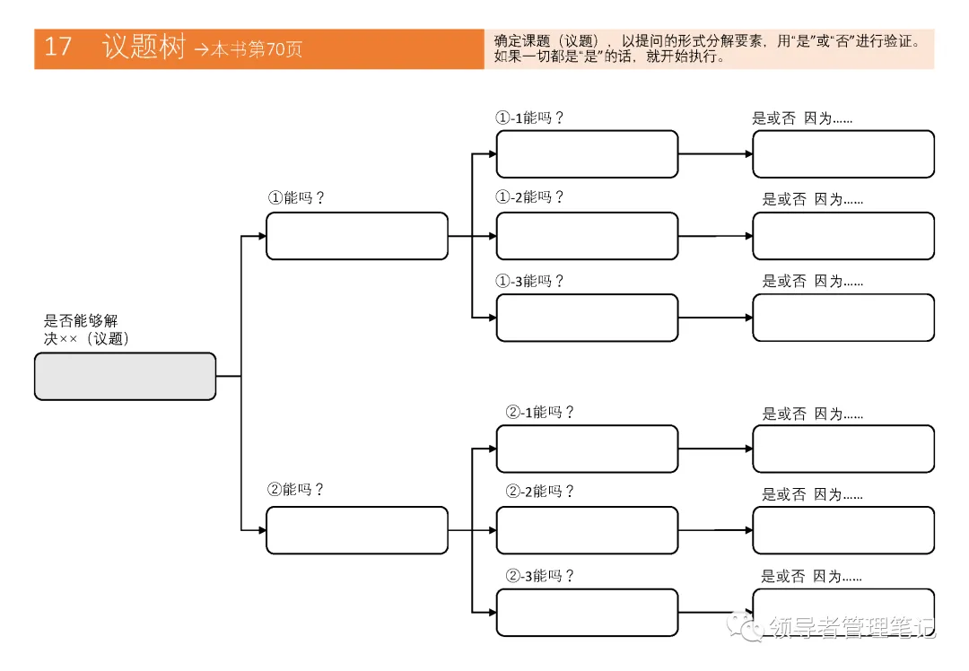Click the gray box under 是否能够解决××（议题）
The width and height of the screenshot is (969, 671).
point(125,376)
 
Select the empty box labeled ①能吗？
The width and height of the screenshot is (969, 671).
point(356,236)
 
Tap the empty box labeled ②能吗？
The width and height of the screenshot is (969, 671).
point(356,530)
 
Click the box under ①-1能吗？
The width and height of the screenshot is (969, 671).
point(587,154)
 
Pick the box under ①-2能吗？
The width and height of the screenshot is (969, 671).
point(587,236)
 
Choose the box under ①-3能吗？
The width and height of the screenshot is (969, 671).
point(587,318)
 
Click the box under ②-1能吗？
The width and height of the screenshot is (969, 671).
point(587,449)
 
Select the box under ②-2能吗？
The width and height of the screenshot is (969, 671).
point(587,530)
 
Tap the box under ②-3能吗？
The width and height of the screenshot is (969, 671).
point(587,612)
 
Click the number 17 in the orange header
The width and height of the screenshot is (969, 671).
point(57,48)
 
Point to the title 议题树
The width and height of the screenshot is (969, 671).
point(144,48)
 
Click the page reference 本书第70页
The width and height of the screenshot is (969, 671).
point(256,50)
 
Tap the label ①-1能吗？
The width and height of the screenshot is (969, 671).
point(529,118)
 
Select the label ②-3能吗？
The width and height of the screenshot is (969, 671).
point(539,575)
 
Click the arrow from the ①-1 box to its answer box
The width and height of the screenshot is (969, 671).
point(715,154)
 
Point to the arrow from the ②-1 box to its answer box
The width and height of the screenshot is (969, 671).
point(715,449)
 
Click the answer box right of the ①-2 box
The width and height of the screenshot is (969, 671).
point(842,236)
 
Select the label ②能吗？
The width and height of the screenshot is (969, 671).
point(295,490)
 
